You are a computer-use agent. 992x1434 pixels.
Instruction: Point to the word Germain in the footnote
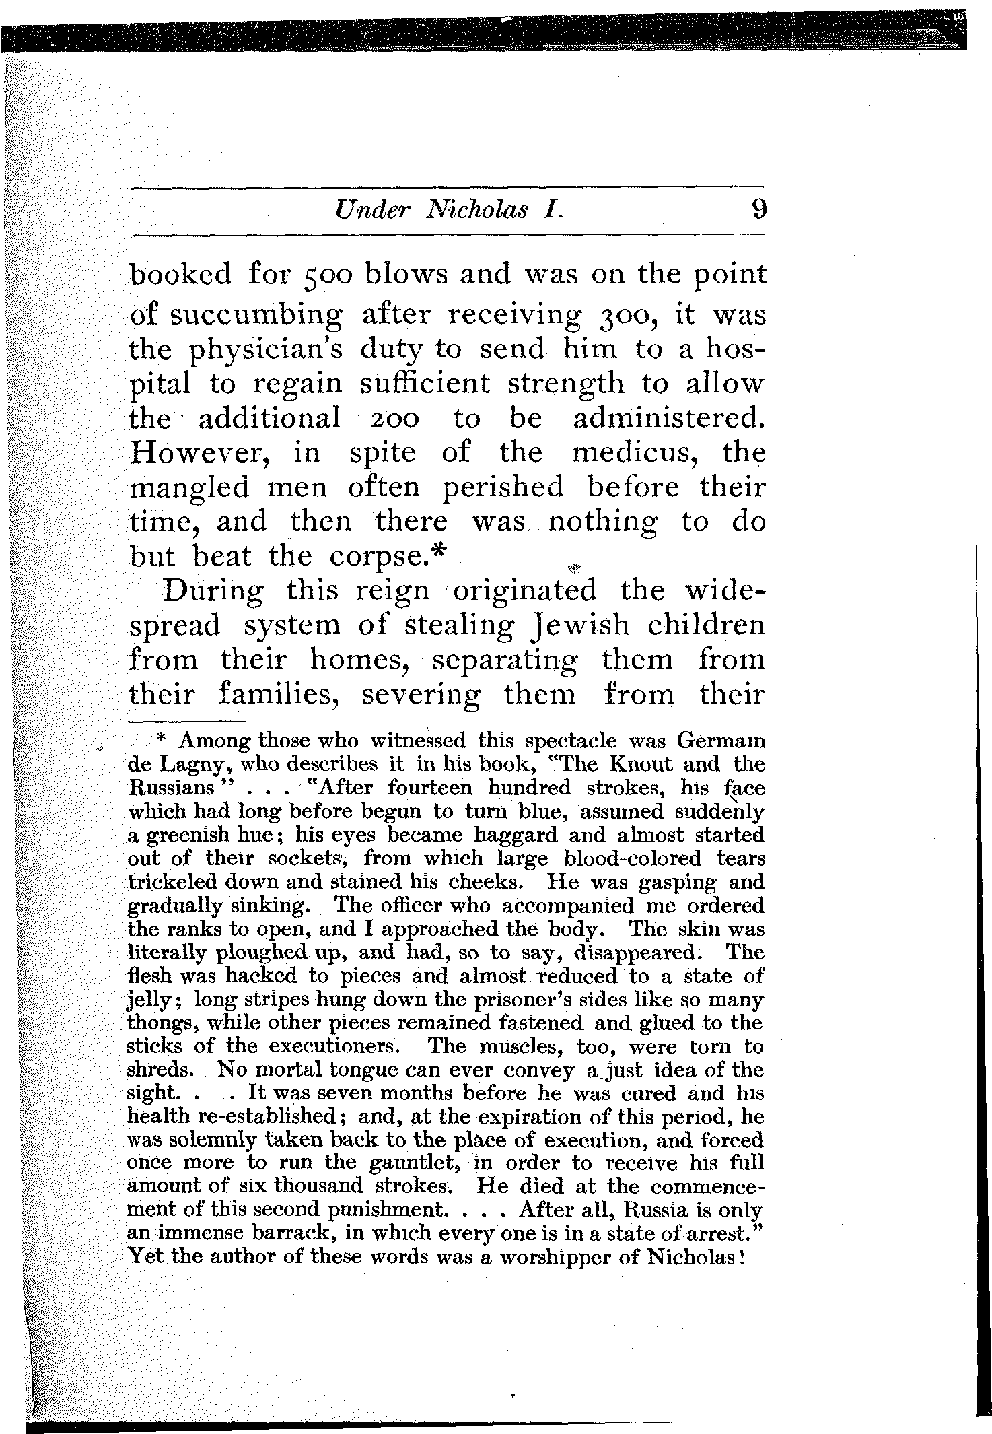pos(721,741)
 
